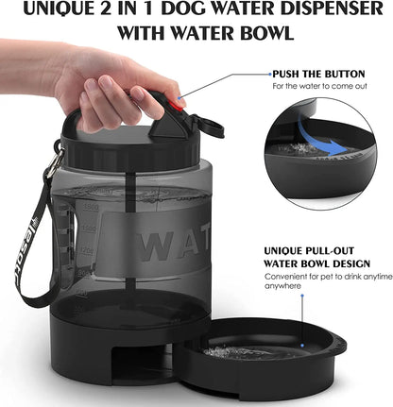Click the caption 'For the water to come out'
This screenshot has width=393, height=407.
(x=318, y=86)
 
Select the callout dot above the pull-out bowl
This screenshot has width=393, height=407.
(x=303, y=294)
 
